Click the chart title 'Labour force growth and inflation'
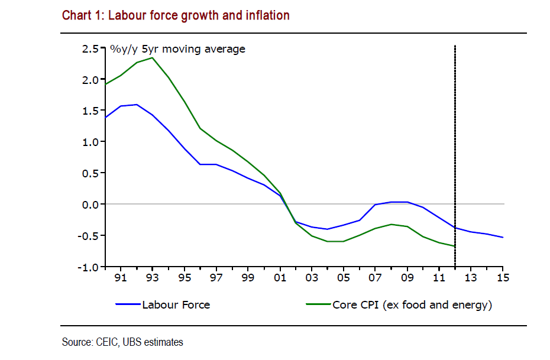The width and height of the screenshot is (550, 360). [176, 15]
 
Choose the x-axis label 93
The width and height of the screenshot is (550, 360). [153, 277]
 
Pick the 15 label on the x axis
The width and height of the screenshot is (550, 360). [503, 277]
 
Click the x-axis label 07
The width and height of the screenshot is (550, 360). [376, 277]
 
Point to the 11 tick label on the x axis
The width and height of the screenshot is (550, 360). [439, 277]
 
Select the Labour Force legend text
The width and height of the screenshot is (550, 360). [176, 305]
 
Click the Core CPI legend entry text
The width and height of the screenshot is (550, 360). [412, 305]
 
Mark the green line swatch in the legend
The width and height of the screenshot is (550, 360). [318, 305]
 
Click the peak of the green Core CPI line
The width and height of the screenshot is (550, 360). [153, 57]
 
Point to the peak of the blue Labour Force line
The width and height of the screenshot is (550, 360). [137, 105]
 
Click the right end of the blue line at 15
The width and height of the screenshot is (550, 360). [503, 238]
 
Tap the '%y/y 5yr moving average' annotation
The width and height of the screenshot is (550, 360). [177, 49]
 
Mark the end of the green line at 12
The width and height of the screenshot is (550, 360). [455, 246]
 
